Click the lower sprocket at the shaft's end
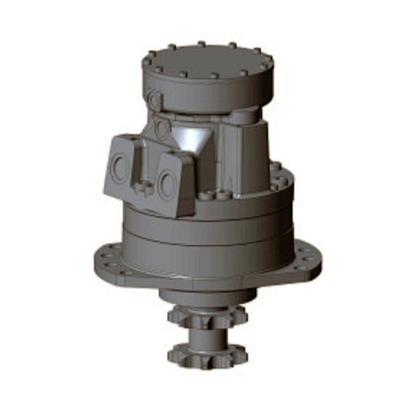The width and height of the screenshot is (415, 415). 207,355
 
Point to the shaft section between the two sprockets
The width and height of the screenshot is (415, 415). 207,336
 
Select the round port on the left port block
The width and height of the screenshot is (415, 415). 120,168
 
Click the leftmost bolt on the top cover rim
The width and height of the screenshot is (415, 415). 147,62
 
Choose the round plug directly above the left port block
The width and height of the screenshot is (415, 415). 162,129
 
